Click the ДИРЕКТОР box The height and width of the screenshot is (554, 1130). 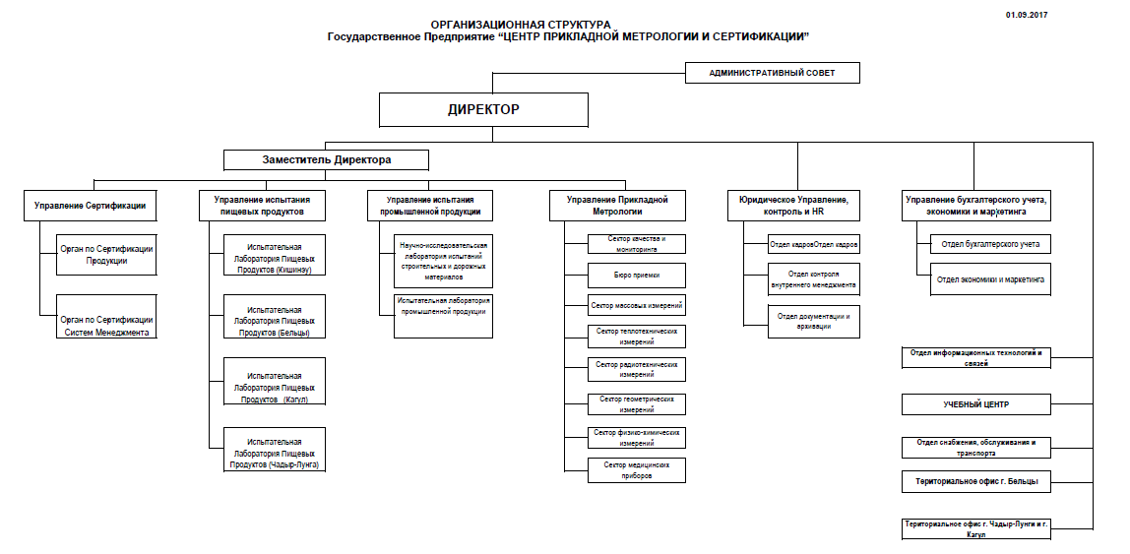click(x=483, y=109)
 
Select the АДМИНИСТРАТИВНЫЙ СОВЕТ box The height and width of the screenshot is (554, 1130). click(x=772, y=73)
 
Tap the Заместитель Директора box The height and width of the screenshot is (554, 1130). click(x=326, y=159)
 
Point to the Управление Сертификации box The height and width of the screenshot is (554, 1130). click(x=90, y=206)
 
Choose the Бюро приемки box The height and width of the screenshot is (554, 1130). click(x=637, y=275)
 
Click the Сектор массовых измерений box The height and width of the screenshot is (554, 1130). click(x=637, y=306)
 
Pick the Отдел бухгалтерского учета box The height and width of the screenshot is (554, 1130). click(x=990, y=243)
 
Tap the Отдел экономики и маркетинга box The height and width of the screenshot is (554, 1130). click(x=990, y=279)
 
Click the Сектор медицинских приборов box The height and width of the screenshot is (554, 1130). click(x=637, y=469)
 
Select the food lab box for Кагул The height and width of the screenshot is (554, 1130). click(x=275, y=382)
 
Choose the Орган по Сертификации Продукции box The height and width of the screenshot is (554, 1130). click(x=106, y=255)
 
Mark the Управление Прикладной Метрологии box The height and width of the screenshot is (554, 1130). click(x=617, y=206)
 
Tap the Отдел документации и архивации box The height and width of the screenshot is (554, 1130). click(x=813, y=321)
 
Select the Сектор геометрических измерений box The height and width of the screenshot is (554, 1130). click(x=637, y=404)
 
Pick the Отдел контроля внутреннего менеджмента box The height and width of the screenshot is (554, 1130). click(x=813, y=279)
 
